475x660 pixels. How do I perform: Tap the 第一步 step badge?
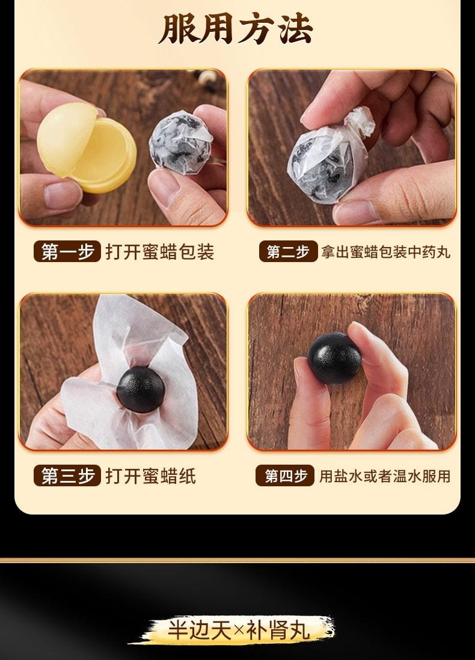(67, 251)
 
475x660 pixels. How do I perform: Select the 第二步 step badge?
(288, 251)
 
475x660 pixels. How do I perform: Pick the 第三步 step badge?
(67, 476)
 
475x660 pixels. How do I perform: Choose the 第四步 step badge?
(286, 476)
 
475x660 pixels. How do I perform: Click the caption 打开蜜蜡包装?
(160, 251)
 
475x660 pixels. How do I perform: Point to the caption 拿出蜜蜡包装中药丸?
(385, 251)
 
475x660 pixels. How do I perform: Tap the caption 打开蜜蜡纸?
(151, 476)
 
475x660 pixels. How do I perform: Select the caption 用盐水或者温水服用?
(385, 476)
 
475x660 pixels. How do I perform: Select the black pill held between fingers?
(335, 357)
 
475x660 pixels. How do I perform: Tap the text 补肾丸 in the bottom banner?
(282, 631)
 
